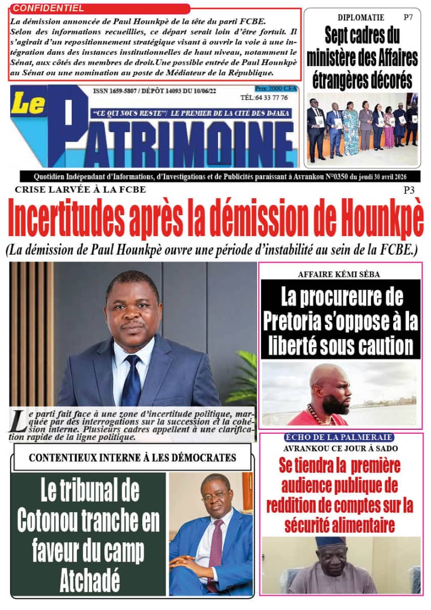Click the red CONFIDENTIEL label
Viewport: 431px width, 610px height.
tap(48, 8)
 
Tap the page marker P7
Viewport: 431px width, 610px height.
tap(408, 18)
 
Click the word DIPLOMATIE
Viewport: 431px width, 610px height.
tap(361, 18)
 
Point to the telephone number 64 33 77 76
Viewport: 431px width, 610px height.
tap(272, 97)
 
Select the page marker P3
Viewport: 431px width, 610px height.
tap(410, 190)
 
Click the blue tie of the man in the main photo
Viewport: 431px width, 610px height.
tap(132, 381)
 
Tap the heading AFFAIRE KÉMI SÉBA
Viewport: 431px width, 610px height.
tap(339, 274)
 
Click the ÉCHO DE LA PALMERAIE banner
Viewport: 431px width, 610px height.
tap(339, 438)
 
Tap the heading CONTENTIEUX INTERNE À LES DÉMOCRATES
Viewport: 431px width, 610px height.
tap(132, 457)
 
